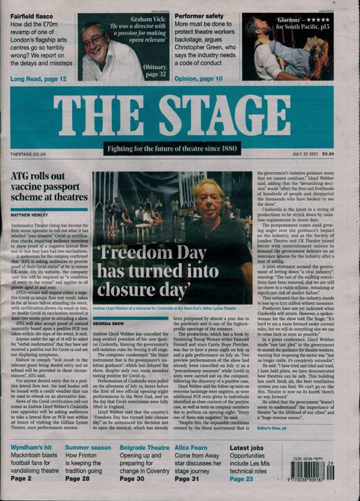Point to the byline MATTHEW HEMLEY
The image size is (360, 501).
pos(30,216)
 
